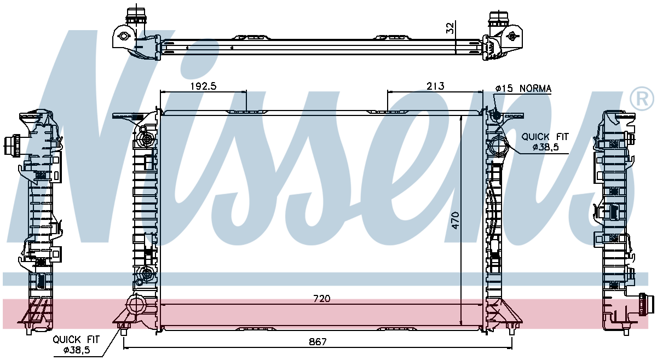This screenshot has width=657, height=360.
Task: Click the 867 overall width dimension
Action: [317, 342]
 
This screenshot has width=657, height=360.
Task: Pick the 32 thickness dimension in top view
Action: [450, 28]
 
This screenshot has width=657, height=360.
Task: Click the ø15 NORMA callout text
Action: [523, 89]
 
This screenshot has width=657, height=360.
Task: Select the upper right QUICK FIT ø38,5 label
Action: [545, 142]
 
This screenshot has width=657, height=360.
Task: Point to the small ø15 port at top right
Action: [496, 116]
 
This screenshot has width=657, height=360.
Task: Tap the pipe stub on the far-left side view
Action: [11, 146]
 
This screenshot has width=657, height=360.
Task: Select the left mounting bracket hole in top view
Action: [123, 37]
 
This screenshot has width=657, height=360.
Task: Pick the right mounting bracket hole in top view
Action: [512, 36]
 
